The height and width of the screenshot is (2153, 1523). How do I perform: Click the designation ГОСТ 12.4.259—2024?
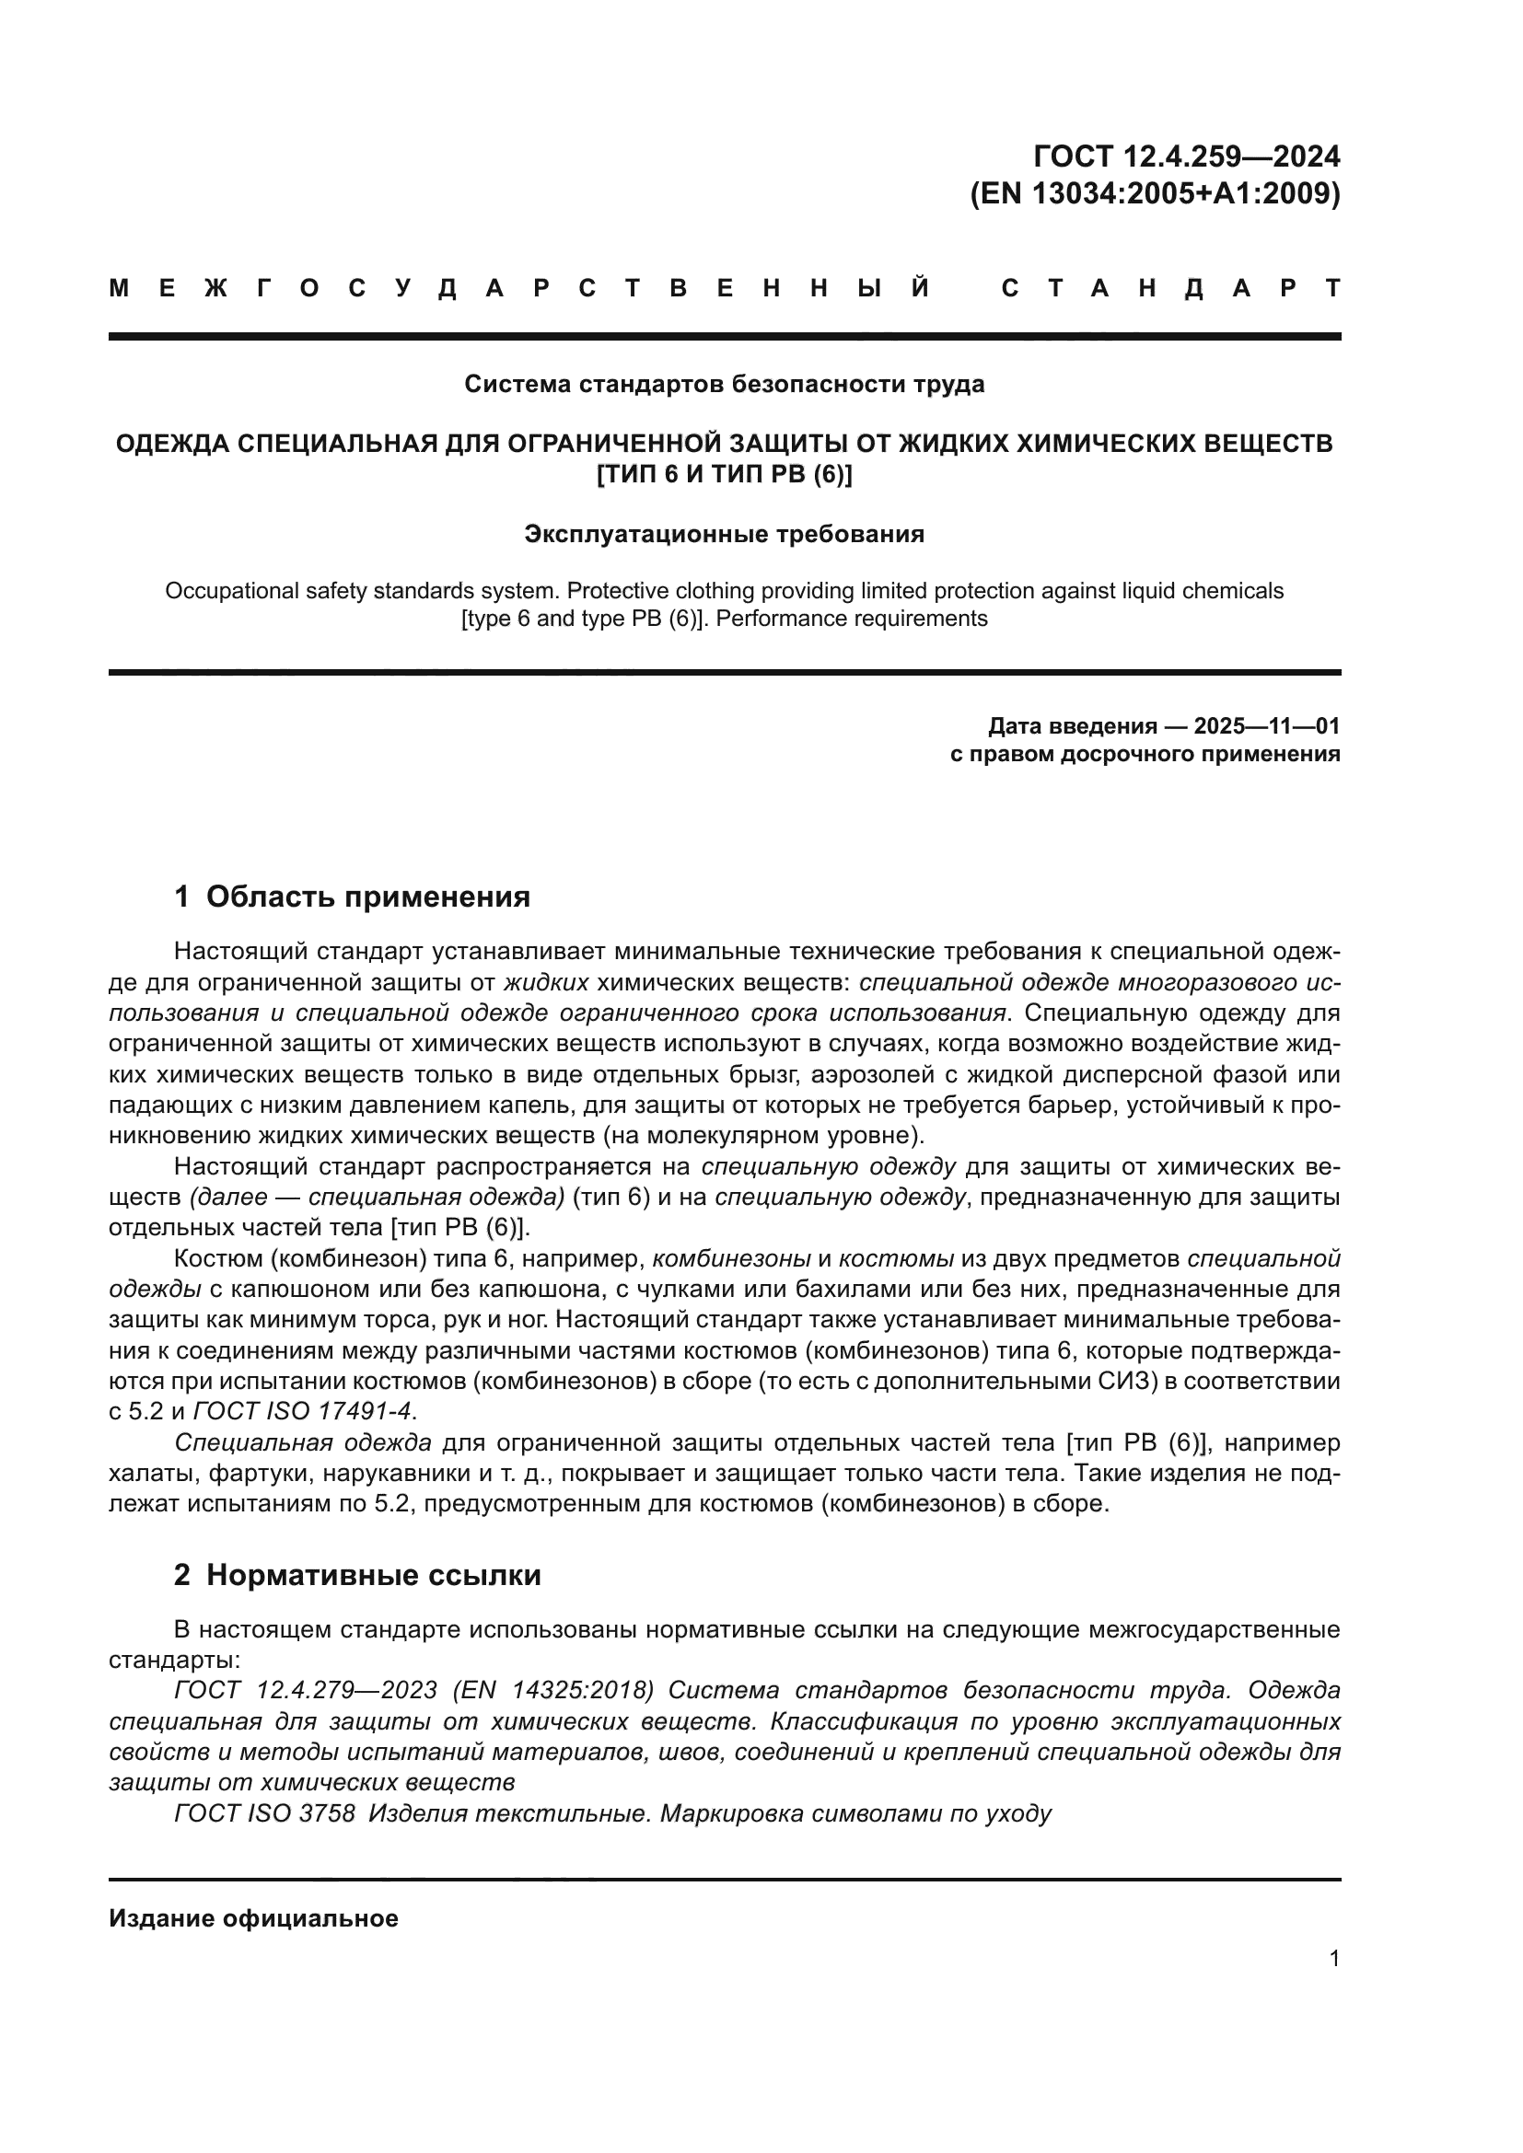1186,156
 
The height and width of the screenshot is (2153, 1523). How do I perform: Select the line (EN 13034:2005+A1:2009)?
1155,194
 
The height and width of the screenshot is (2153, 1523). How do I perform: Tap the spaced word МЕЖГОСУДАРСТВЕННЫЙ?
520,289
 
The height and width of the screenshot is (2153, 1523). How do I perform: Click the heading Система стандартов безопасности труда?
724,385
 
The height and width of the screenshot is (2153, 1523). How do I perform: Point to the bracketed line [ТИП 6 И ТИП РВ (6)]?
724,474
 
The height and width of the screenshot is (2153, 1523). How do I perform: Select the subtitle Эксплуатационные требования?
724,535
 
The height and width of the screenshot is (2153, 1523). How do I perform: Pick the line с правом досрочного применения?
1145,755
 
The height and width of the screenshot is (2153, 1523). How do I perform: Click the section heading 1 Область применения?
352,897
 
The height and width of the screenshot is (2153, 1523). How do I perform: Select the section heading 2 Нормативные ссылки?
357,1575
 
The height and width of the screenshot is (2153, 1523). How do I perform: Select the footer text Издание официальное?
253,1918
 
